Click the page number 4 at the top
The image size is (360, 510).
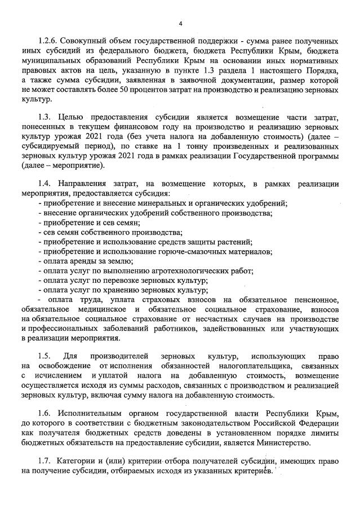point(180,23)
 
